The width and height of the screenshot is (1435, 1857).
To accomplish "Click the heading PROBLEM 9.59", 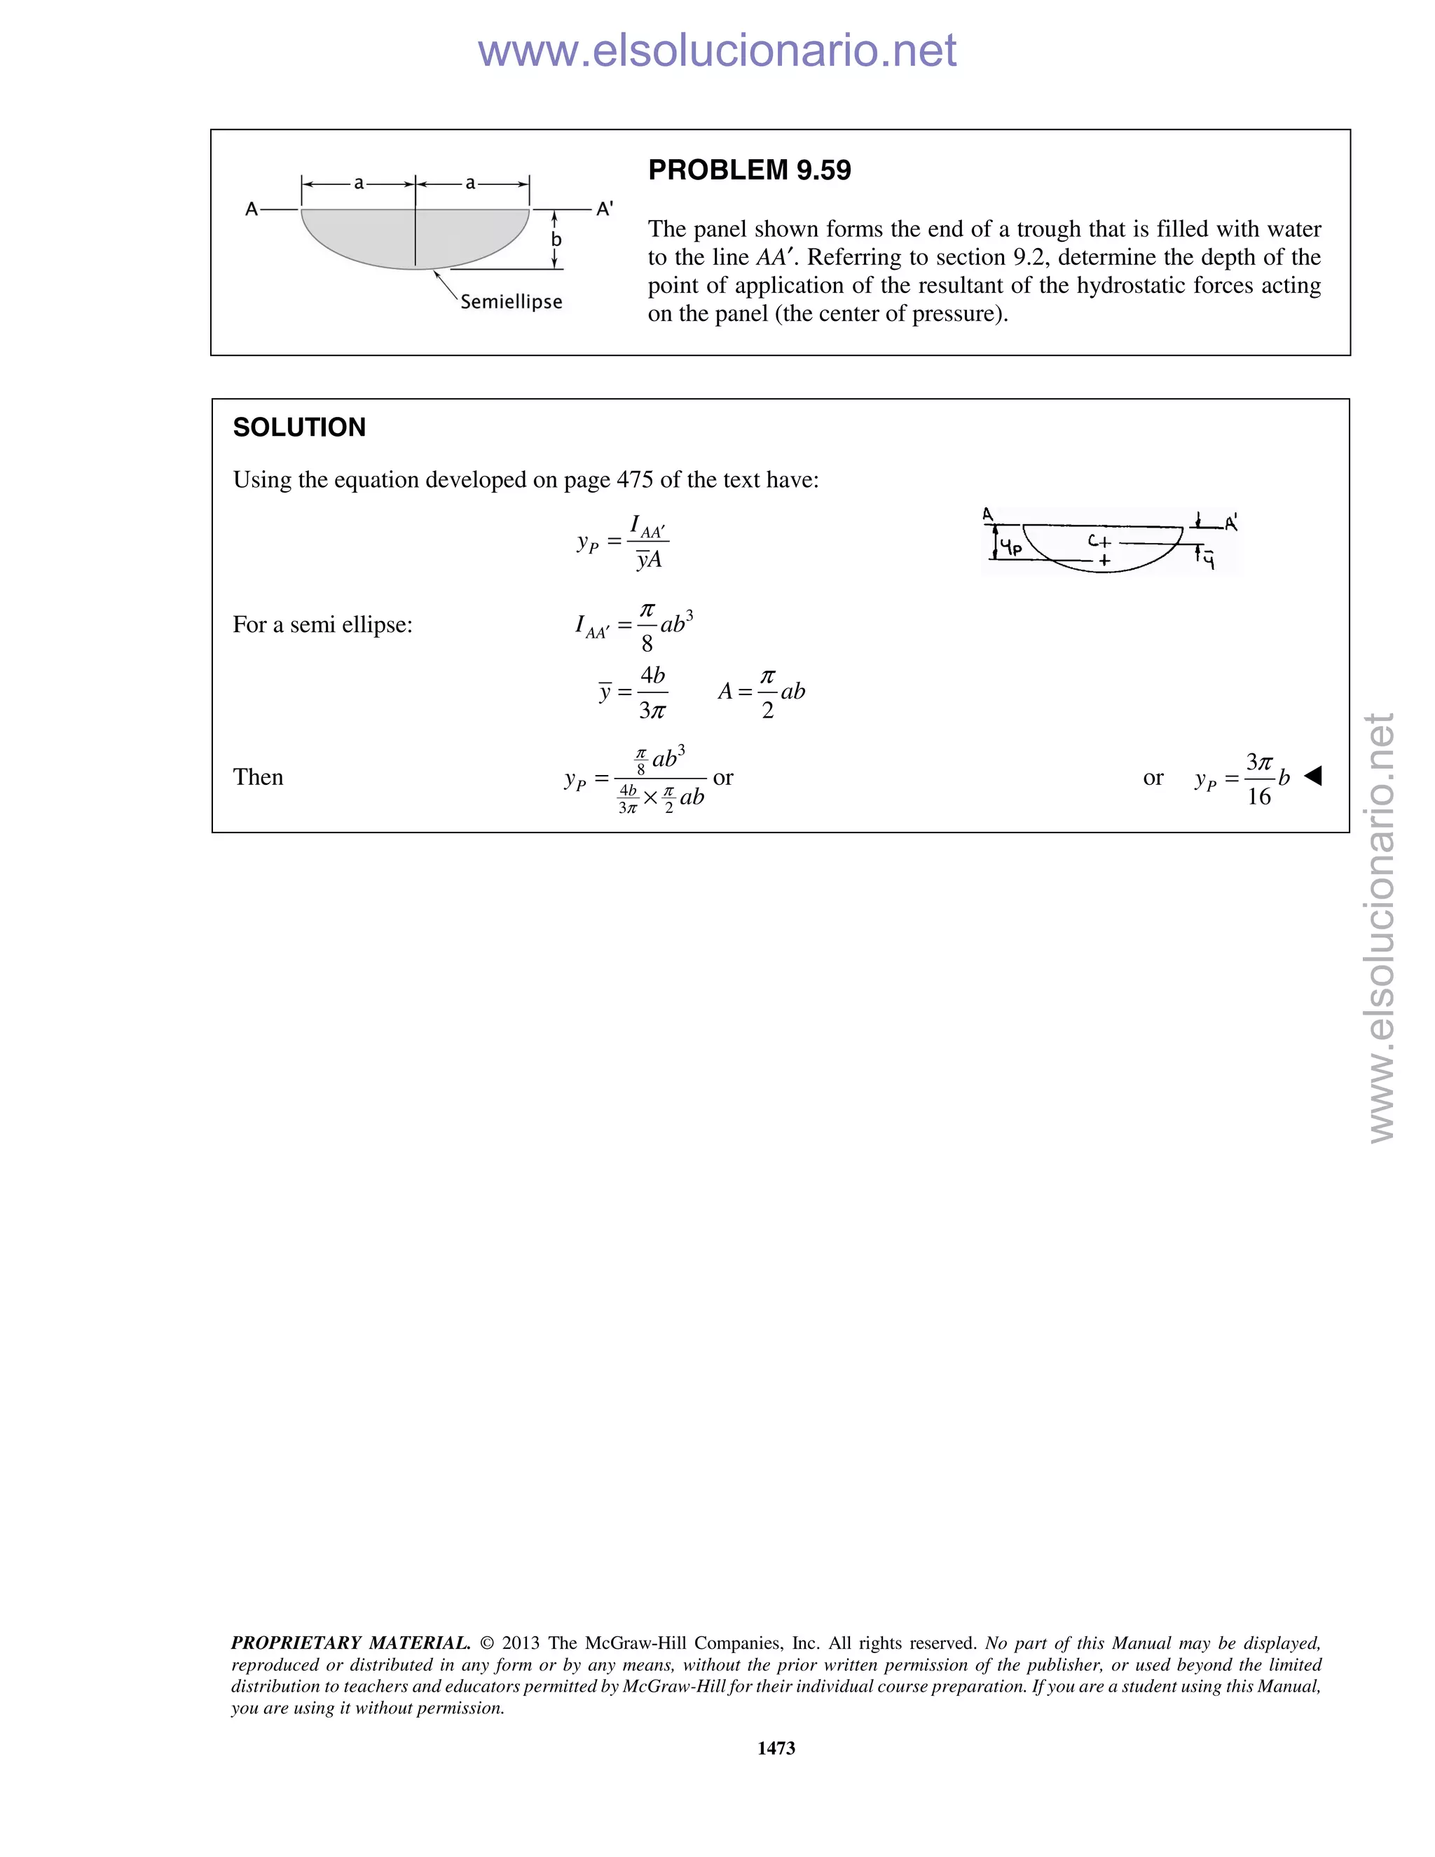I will tap(749, 171).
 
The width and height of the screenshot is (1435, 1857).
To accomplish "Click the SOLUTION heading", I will tap(299, 427).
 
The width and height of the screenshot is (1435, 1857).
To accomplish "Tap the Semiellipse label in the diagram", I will tap(511, 302).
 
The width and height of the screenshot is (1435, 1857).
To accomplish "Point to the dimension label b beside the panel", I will tap(556, 240).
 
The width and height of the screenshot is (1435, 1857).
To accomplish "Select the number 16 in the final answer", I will tap(1259, 797).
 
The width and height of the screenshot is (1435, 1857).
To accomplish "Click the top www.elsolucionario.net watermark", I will tap(717, 50).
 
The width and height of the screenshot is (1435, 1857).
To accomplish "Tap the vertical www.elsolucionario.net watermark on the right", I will tap(1382, 927).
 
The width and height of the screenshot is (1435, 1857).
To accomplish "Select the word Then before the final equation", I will tap(259, 777).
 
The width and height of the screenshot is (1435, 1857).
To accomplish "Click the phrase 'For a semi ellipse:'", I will tap(322, 625).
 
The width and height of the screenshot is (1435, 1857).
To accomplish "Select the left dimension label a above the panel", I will tap(359, 183).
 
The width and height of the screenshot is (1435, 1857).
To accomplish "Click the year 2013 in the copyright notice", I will tap(521, 1643).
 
